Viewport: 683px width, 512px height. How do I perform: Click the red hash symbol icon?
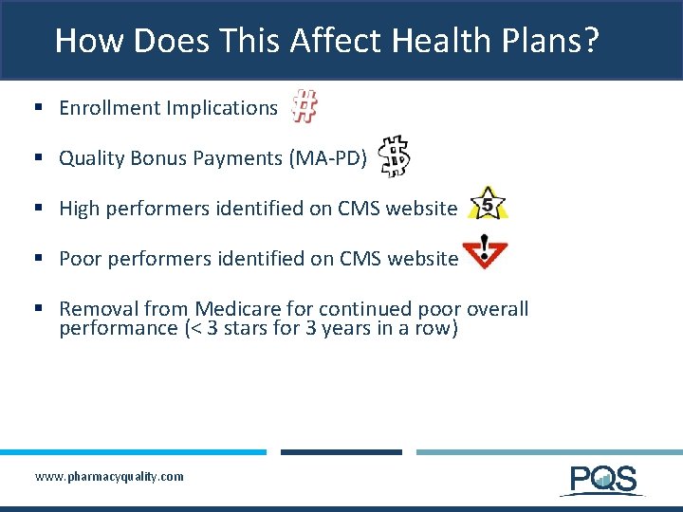[304, 106]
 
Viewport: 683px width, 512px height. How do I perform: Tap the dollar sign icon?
[395, 156]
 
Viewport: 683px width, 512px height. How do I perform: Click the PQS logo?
[603, 480]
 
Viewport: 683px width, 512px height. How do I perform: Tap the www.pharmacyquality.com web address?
[109, 476]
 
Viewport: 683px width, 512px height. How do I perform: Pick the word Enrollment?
[109, 108]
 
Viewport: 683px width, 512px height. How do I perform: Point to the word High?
[80, 209]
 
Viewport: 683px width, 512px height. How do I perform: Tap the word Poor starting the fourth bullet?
[80, 259]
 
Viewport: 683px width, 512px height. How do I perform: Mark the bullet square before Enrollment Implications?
[40, 108]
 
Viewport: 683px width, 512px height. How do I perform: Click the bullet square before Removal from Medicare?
[40, 309]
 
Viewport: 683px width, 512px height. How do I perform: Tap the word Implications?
[222, 108]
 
